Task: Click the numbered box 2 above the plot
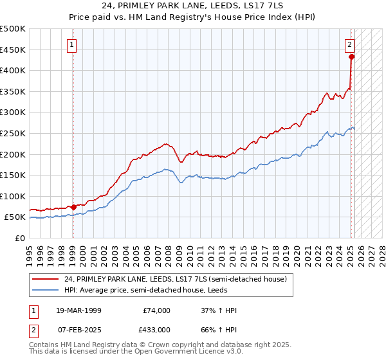pos(349,45)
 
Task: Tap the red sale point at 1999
pos(73,207)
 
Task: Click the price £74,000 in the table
pos(156,310)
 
